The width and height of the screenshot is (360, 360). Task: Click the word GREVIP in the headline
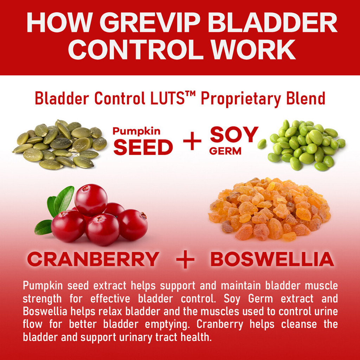pyautogui.click(x=150, y=22)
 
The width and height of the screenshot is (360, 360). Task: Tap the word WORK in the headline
pyautogui.click(x=253, y=49)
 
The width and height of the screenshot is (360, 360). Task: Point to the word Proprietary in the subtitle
pyautogui.click(x=241, y=99)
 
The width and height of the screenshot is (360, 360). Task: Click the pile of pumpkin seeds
pyautogui.click(x=60, y=144)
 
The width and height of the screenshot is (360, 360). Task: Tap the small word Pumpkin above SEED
pyautogui.click(x=137, y=131)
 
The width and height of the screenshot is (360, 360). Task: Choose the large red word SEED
pyautogui.click(x=143, y=147)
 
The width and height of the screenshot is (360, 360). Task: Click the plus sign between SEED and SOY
pyautogui.click(x=192, y=141)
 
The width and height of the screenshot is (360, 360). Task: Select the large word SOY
pyautogui.click(x=234, y=135)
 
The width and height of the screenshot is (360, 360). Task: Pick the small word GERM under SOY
pyautogui.click(x=225, y=151)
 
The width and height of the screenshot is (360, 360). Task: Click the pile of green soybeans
pyautogui.click(x=307, y=145)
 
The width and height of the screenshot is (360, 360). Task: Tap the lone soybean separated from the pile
pyautogui.click(x=262, y=144)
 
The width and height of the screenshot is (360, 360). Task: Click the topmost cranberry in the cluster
pyautogui.click(x=91, y=200)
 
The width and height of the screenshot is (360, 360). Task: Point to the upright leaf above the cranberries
pyautogui.click(x=64, y=199)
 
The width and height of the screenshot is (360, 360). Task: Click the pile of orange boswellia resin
pyautogui.click(x=270, y=209)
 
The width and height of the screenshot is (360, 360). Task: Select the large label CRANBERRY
pyautogui.click(x=93, y=259)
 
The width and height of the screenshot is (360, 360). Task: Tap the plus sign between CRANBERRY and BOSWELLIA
pyautogui.click(x=185, y=259)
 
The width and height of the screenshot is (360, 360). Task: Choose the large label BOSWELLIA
pyautogui.click(x=272, y=259)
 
